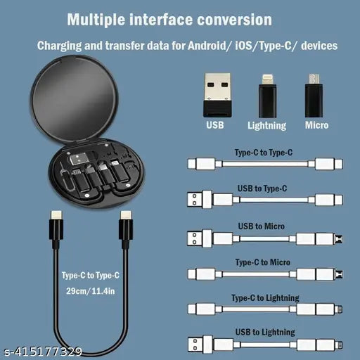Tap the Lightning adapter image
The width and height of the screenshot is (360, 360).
(267, 93)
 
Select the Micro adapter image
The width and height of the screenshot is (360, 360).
(315, 93)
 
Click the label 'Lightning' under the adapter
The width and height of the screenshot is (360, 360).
(267, 126)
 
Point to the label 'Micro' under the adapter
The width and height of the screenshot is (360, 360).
(316, 126)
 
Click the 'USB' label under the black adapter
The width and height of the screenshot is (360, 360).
(214, 126)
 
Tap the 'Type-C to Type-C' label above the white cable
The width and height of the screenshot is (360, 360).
(264, 151)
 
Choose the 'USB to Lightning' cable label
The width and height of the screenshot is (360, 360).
(264, 332)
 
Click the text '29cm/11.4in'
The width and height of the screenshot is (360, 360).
(90, 290)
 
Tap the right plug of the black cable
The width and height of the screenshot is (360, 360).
(126, 223)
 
